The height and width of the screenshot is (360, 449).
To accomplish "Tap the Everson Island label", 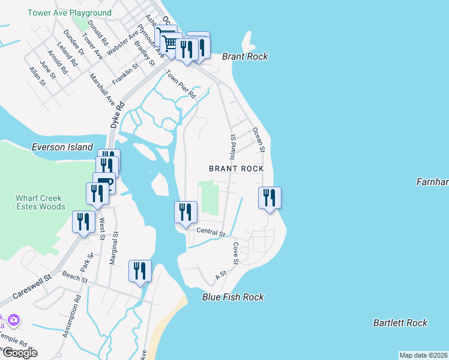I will coord(62,147).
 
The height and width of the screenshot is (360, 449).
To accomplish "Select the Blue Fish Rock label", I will coord(233,297).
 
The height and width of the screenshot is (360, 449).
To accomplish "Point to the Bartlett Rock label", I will coord(400,323).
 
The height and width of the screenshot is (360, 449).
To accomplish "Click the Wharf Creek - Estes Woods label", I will coord(40,202).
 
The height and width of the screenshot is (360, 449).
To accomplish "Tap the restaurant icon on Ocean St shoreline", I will coord(270,197).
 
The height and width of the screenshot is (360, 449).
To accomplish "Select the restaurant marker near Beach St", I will coord(140,271).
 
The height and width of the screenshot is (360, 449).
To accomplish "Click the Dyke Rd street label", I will coord(117,114).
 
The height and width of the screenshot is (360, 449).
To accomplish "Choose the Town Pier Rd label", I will coord(181,85).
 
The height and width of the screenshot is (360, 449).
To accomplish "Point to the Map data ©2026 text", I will coord(424,355).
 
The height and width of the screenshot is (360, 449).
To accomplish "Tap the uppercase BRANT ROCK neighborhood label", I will coord(236,169).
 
